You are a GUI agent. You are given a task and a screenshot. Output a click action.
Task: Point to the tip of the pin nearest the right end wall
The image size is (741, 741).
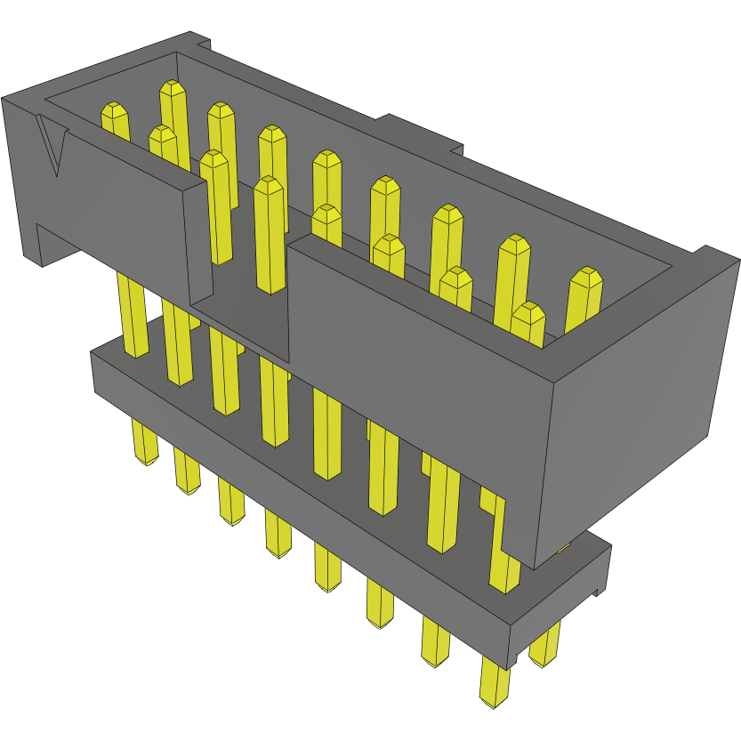coord(584,279)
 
